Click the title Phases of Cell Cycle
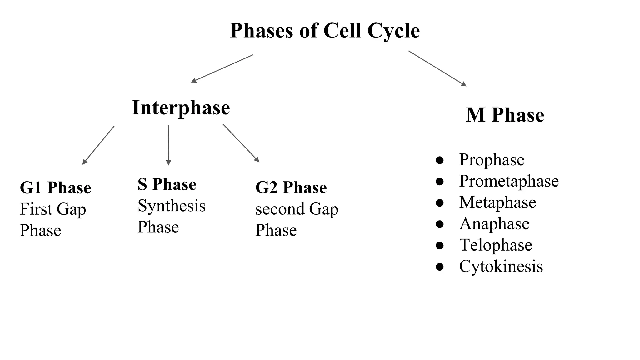click(324, 31)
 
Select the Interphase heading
click(181, 108)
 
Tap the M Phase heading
click(505, 115)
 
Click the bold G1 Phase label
click(55, 188)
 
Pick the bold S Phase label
click(167, 184)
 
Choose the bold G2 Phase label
click(291, 188)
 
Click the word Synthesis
click(172, 206)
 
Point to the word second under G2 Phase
click(280, 209)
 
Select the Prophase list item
click(492, 160)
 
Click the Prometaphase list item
click(509, 181)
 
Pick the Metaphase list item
click(497, 202)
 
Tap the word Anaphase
click(494, 224)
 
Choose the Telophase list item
click(496, 245)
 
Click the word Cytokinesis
click(501, 266)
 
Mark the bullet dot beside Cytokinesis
click(440, 267)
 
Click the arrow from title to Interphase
click(222, 68)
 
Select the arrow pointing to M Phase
click(437, 68)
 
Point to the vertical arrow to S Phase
click(168, 145)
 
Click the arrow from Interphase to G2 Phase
click(241, 143)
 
